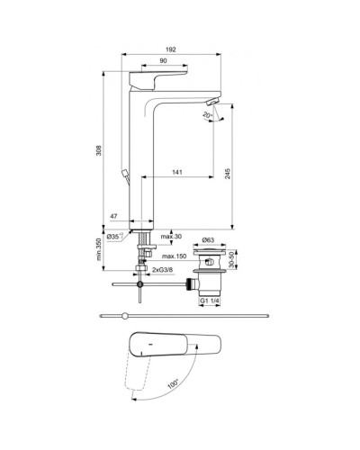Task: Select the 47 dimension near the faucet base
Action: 115,217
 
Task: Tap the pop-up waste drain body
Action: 208,267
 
